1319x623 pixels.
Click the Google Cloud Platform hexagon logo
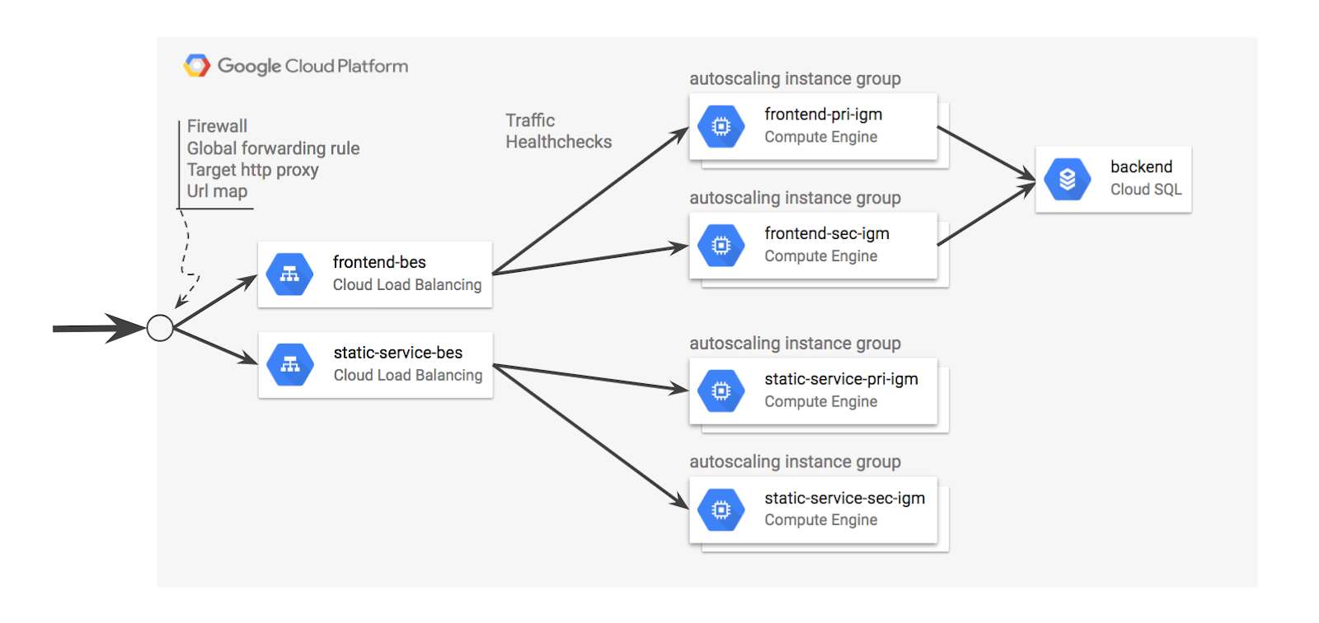197,65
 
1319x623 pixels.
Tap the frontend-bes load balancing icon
289,274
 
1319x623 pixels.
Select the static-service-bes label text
397,353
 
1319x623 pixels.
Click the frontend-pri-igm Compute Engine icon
721,126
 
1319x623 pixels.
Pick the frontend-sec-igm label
826,233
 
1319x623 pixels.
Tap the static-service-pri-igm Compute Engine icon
721,391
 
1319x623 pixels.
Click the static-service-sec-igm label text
844,498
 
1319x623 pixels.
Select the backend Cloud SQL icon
1067,179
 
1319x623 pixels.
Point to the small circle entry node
160,328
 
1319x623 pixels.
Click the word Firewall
217,126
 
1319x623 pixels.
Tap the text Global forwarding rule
273,148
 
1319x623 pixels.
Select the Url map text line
217,191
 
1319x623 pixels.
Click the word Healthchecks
558,142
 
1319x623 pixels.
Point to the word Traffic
530,120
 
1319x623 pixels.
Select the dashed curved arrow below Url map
188,255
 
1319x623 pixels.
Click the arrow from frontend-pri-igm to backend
986,153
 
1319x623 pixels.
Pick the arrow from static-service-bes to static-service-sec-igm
589,436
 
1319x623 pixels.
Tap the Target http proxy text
252,170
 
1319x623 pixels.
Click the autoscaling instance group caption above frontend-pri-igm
795,79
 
